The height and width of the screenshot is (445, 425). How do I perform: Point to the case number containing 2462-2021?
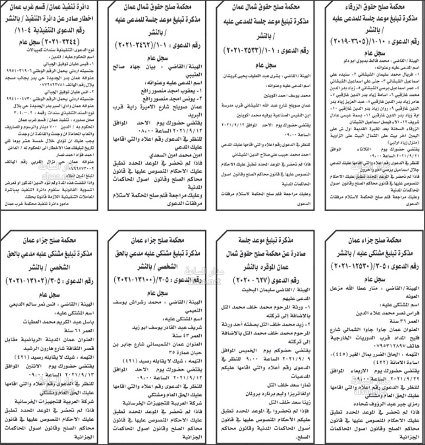(x=141, y=44)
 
